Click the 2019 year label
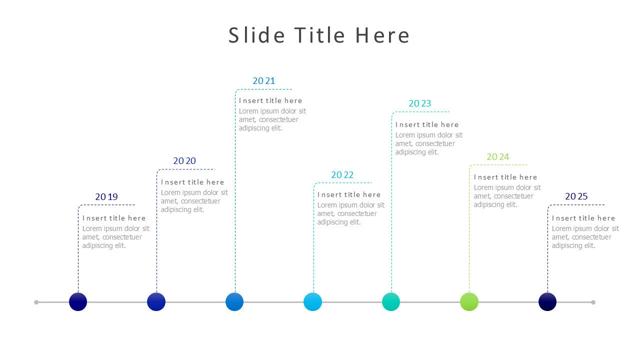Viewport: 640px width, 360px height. pos(106,197)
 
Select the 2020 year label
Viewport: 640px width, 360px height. pos(184,161)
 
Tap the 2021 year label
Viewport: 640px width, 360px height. pos(263,80)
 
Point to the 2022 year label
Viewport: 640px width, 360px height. pos(342,175)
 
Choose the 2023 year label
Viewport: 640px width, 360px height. pos(419,103)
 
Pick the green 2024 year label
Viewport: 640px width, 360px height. pos(497,157)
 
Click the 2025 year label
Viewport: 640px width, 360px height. pos(576,196)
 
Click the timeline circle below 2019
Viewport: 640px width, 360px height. pos(78,302)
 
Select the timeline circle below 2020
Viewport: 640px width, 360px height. pos(156,302)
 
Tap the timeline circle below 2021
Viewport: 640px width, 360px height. pos(234,302)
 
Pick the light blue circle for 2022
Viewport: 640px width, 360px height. pos(313,302)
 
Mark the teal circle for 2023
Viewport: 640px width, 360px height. pos(391,302)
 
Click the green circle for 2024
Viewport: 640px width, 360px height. pos(469,302)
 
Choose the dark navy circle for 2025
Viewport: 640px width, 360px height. pos(547,302)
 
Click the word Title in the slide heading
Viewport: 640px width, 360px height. pos(319,35)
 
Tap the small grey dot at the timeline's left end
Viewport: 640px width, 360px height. pos(36,302)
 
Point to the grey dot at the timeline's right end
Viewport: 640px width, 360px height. pos(593,302)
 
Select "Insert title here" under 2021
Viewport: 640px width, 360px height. pos(270,100)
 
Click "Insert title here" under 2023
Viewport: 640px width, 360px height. pos(426,124)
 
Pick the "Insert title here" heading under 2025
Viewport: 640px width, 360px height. pos(583,218)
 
